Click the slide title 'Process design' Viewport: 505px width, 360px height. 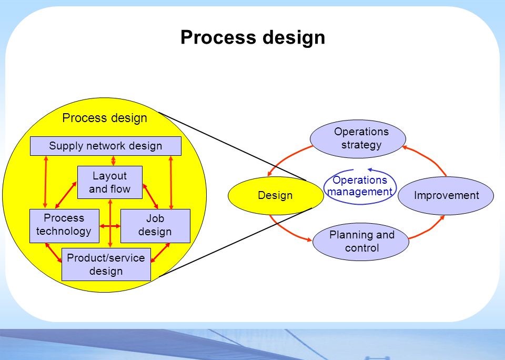click(252, 38)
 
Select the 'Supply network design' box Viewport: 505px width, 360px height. click(105, 146)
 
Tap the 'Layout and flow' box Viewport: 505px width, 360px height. click(109, 182)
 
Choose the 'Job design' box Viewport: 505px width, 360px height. click(155, 225)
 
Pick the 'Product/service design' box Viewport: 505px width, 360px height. click(106, 264)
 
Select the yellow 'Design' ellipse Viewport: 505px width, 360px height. click(275, 196)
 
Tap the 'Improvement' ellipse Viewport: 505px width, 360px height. click(446, 196)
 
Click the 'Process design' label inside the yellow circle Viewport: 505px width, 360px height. click(105, 118)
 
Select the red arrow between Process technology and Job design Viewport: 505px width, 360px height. click(110, 226)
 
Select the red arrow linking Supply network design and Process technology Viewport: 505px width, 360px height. click(46, 182)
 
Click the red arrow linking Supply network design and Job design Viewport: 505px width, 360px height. click(171, 182)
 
